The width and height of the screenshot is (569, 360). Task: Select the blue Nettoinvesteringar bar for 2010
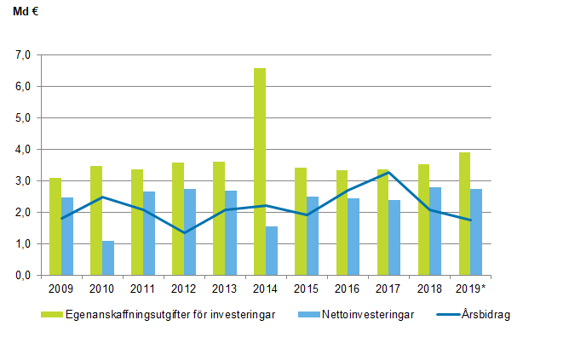click(108, 258)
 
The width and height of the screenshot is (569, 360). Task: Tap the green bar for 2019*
click(464, 214)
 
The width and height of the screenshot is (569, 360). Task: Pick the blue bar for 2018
click(435, 231)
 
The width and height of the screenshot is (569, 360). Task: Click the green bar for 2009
click(55, 226)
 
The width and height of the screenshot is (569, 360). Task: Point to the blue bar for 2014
click(271, 250)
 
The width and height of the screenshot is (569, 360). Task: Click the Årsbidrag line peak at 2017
click(388, 173)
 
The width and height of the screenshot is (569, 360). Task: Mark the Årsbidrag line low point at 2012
click(184, 232)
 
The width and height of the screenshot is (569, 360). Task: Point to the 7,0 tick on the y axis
click(23, 55)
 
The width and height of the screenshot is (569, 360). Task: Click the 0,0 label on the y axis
click(23, 276)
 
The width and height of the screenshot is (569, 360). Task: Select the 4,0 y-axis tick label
click(23, 150)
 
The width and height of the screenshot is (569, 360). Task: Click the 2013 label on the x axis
click(225, 288)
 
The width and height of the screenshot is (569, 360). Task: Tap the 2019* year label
click(471, 288)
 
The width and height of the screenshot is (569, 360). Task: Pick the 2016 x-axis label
click(348, 288)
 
